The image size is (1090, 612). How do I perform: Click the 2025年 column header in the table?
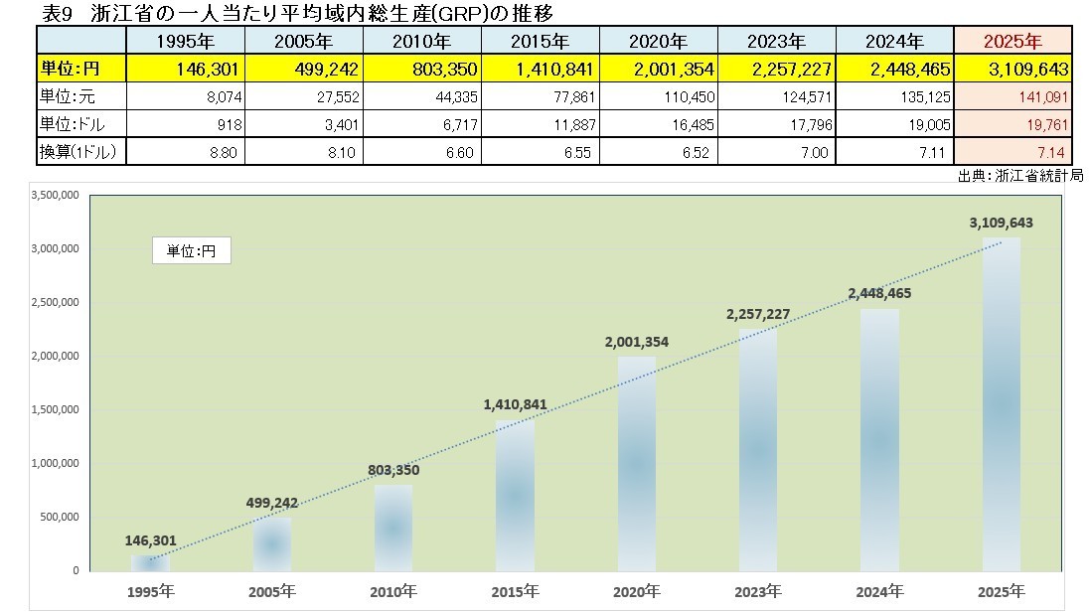tap(1012, 42)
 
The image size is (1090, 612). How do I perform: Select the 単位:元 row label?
tap(81, 96)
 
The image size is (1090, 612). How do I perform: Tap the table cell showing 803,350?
tap(422, 70)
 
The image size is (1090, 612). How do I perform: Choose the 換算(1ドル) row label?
tap(81, 151)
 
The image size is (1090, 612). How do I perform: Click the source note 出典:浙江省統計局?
tap(1019, 175)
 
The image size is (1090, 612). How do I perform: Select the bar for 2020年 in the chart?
tap(637, 463)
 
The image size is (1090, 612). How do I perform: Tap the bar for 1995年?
tap(151, 562)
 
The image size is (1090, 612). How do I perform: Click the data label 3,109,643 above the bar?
tap(1000, 223)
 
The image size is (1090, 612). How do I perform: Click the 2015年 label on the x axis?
tap(515, 591)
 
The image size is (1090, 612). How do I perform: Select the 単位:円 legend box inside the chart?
tap(191, 251)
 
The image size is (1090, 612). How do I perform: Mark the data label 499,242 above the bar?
tap(271, 503)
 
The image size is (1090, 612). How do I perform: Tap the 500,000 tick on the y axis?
tap(60, 517)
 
